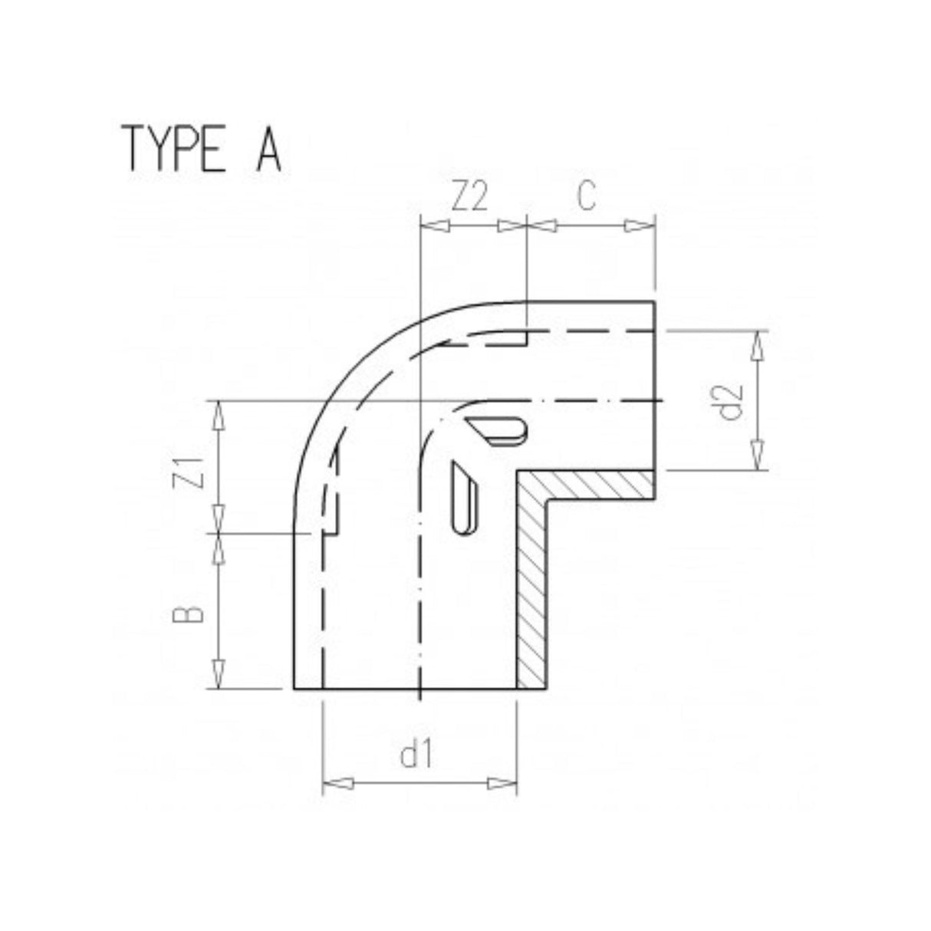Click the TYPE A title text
(x=201, y=148)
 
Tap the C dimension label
(x=587, y=197)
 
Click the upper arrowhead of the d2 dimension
(x=759, y=347)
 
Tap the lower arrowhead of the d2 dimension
(x=759, y=455)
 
